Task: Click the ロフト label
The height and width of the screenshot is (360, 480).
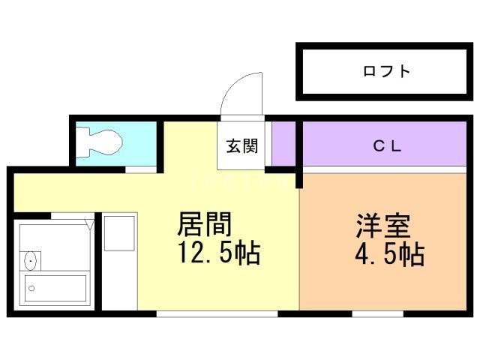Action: (386, 72)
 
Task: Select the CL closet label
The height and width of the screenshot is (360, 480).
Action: (388, 146)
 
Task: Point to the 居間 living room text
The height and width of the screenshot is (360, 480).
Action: (204, 224)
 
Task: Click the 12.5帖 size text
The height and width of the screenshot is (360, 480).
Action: (218, 254)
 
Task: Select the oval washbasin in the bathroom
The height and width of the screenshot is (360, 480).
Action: (31, 262)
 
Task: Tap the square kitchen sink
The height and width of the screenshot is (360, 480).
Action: (118, 233)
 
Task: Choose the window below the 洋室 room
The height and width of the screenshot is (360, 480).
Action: (367, 313)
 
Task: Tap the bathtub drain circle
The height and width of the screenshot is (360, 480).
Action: (32, 286)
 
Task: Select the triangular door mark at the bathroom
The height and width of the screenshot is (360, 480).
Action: (89, 223)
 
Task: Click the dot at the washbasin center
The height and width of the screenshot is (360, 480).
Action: (31, 262)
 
